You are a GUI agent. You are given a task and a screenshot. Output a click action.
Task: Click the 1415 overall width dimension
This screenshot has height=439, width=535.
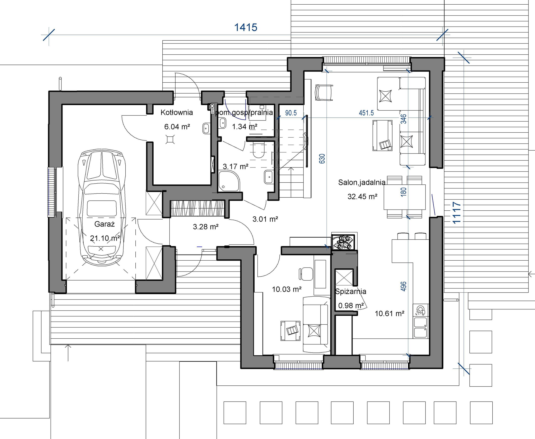click(x=246, y=27)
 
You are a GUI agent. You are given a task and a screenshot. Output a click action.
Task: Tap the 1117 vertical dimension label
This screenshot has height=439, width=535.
click(x=457, y=213)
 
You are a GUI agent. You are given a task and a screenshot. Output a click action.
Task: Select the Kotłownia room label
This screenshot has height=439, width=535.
click(x=177, y=113)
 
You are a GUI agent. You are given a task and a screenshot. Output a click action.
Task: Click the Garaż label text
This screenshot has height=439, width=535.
click(x=105, y=224)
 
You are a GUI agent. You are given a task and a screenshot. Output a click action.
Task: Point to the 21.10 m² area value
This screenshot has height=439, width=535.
click(x=105, y=238)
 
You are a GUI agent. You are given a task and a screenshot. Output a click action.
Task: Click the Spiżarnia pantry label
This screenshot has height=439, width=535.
click(x=350, y=292)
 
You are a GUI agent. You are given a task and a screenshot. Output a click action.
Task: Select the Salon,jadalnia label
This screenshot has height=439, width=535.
click(x=362, y=182)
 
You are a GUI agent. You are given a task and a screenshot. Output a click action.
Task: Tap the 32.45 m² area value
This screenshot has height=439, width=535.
click(x=362, y=196)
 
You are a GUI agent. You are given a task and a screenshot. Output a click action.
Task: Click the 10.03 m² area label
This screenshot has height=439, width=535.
click(x=287, y=289)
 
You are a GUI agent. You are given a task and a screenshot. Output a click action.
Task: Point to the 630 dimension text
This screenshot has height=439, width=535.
click(x=322, y=159)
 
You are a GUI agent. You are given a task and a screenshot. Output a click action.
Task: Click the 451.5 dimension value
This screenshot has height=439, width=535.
click(x=366, y=113)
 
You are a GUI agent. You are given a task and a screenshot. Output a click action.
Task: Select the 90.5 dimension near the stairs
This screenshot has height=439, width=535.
click(x=291, y=113)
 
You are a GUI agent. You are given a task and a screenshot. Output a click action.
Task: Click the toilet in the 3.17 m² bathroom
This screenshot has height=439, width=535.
click(x=258, y=150)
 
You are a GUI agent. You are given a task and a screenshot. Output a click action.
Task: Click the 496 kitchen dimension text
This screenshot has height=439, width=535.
click(x=404, y=286)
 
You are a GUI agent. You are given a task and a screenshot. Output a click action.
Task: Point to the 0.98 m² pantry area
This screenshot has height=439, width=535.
click(x=351, y=306)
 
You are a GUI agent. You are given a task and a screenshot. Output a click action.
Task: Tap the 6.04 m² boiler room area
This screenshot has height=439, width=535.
click(x=177, y=127)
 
